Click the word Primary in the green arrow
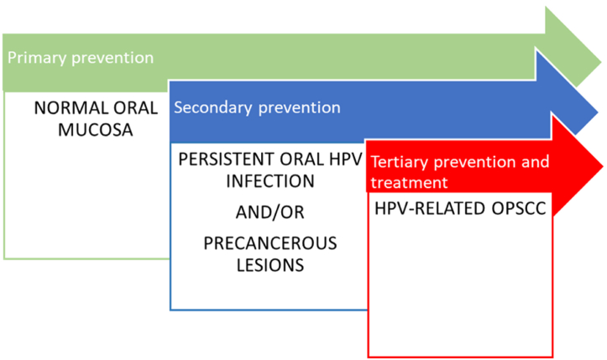tap(37, 58)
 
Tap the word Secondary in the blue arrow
tap(213, 107)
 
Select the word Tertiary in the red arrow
tap(400, 162)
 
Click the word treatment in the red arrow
tap(409, 182)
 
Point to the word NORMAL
tap(70, 108)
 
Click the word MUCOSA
tap(95, 130)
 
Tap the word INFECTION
tap(270, 181)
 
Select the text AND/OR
tap(270, 212)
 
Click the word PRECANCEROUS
tap(270, 243)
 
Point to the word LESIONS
tap(270, 265)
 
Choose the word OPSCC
tap(519, 209)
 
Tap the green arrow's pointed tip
tap(601, 62)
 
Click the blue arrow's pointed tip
tap(598, 112)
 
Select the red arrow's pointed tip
tap(602, 166)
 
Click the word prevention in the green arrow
tap(113, 59)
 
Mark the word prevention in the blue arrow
tap(299, 108)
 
